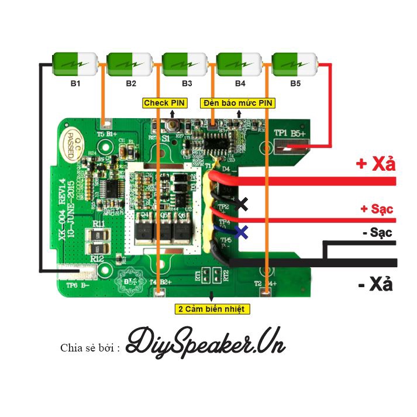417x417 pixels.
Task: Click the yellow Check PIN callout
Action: pyautogui.click(x=164, y=103)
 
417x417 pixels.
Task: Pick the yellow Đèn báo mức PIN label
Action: pyautogui.click(x=237, y=103)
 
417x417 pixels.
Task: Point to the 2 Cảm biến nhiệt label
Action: pyautogui.click(x=212, y=308)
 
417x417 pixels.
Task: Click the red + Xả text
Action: pyautogui.click(x=375, y=164)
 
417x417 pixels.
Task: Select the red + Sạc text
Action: pyautogui.click(x=377, y=209)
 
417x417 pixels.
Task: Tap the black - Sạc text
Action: pyautogui.click(x=377, y=232)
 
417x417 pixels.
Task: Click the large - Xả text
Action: pyautogui.click(x=375, y=285)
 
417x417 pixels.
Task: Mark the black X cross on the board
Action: pyautogui.click(x=242, y=204)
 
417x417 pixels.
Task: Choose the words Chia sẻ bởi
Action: pyautogui.click(x=90, y=348)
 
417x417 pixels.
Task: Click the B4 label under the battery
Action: pyautogui.click(x=240, y=84)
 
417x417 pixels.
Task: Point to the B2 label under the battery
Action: pyautogui.click(x=130, y=84)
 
